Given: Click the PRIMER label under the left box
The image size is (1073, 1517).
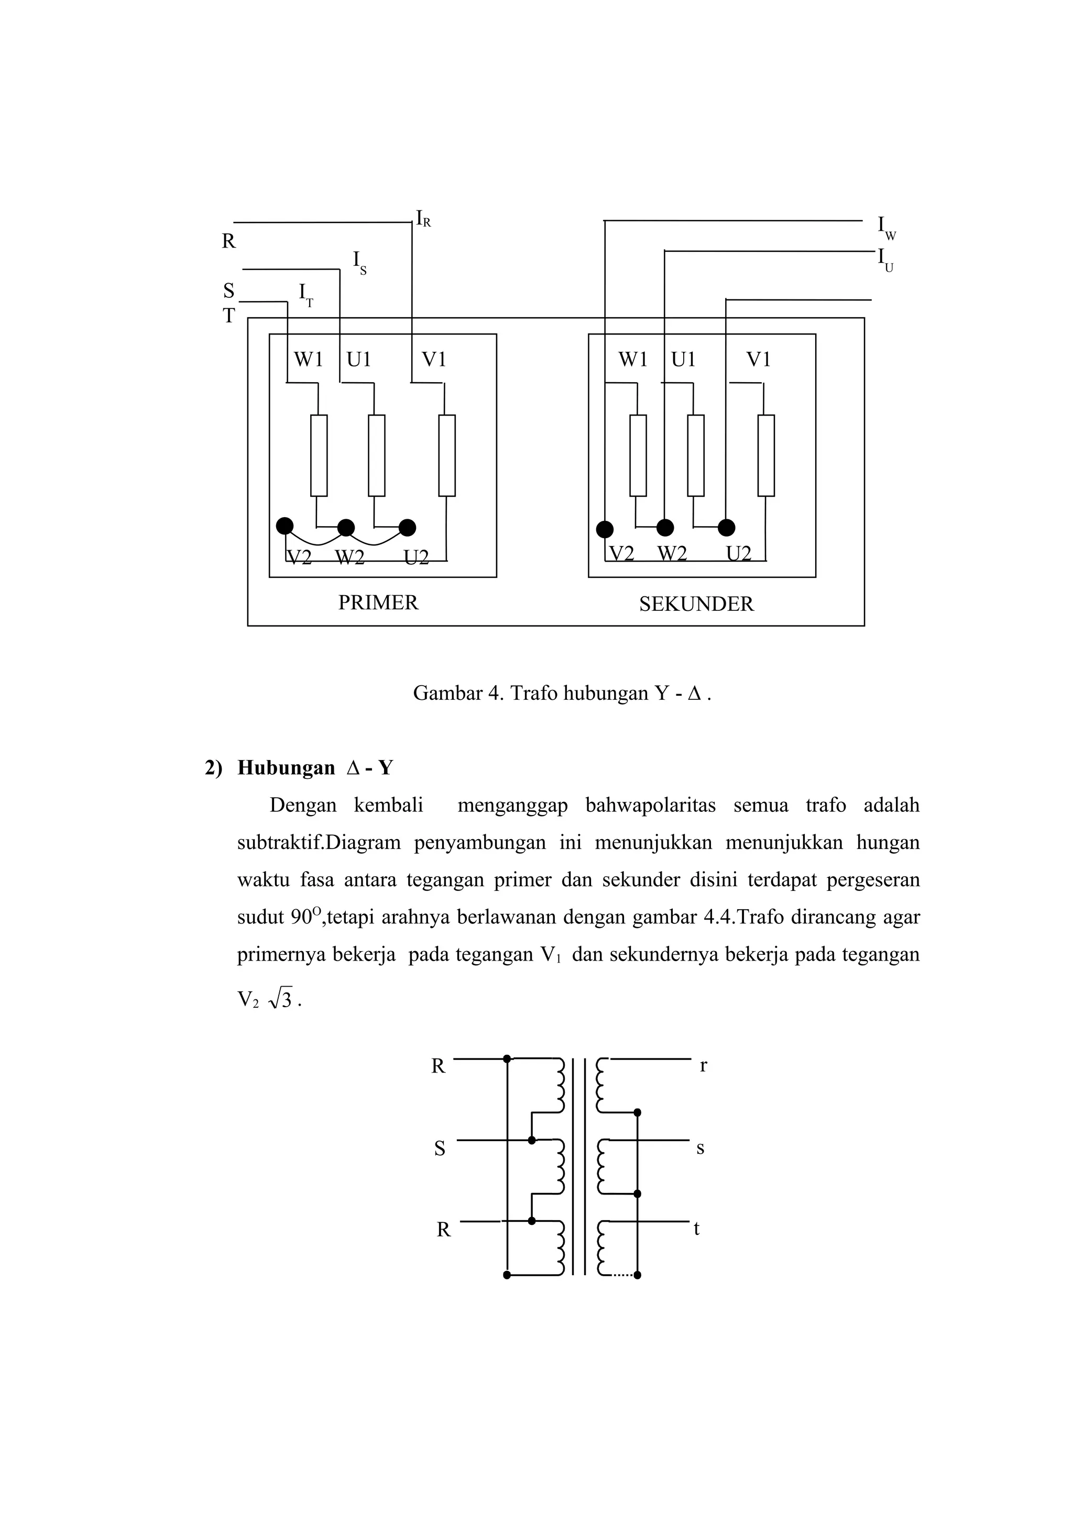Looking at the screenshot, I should (x=378, y=603).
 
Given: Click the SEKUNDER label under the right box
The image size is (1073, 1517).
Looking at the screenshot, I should (x=696, y=604).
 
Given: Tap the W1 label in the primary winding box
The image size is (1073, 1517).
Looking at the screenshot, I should (x=308, y=360).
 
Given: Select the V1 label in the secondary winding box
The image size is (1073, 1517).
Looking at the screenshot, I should (x=758, y=360).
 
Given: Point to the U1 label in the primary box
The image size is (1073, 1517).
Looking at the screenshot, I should (x=359, y=360).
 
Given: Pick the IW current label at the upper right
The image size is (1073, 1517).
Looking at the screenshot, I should (x=886, y=227).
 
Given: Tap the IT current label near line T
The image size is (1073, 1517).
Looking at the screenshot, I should (x=305, y=295).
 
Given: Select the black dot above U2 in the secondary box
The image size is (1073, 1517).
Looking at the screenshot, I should (x=726, y=527).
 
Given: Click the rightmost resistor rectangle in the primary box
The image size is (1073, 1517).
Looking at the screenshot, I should (x=447, y=455).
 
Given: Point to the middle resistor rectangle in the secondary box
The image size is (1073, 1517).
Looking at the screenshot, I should (x=695, y=455).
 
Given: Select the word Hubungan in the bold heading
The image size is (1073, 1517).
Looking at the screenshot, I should (x=286, y=768).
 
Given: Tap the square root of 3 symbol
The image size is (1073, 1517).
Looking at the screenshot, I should (x=281, y=1001).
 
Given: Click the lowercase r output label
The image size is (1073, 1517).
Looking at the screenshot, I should (x=704, y=1066).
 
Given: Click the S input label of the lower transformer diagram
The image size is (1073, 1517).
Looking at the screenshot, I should (x=440, y=1149).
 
